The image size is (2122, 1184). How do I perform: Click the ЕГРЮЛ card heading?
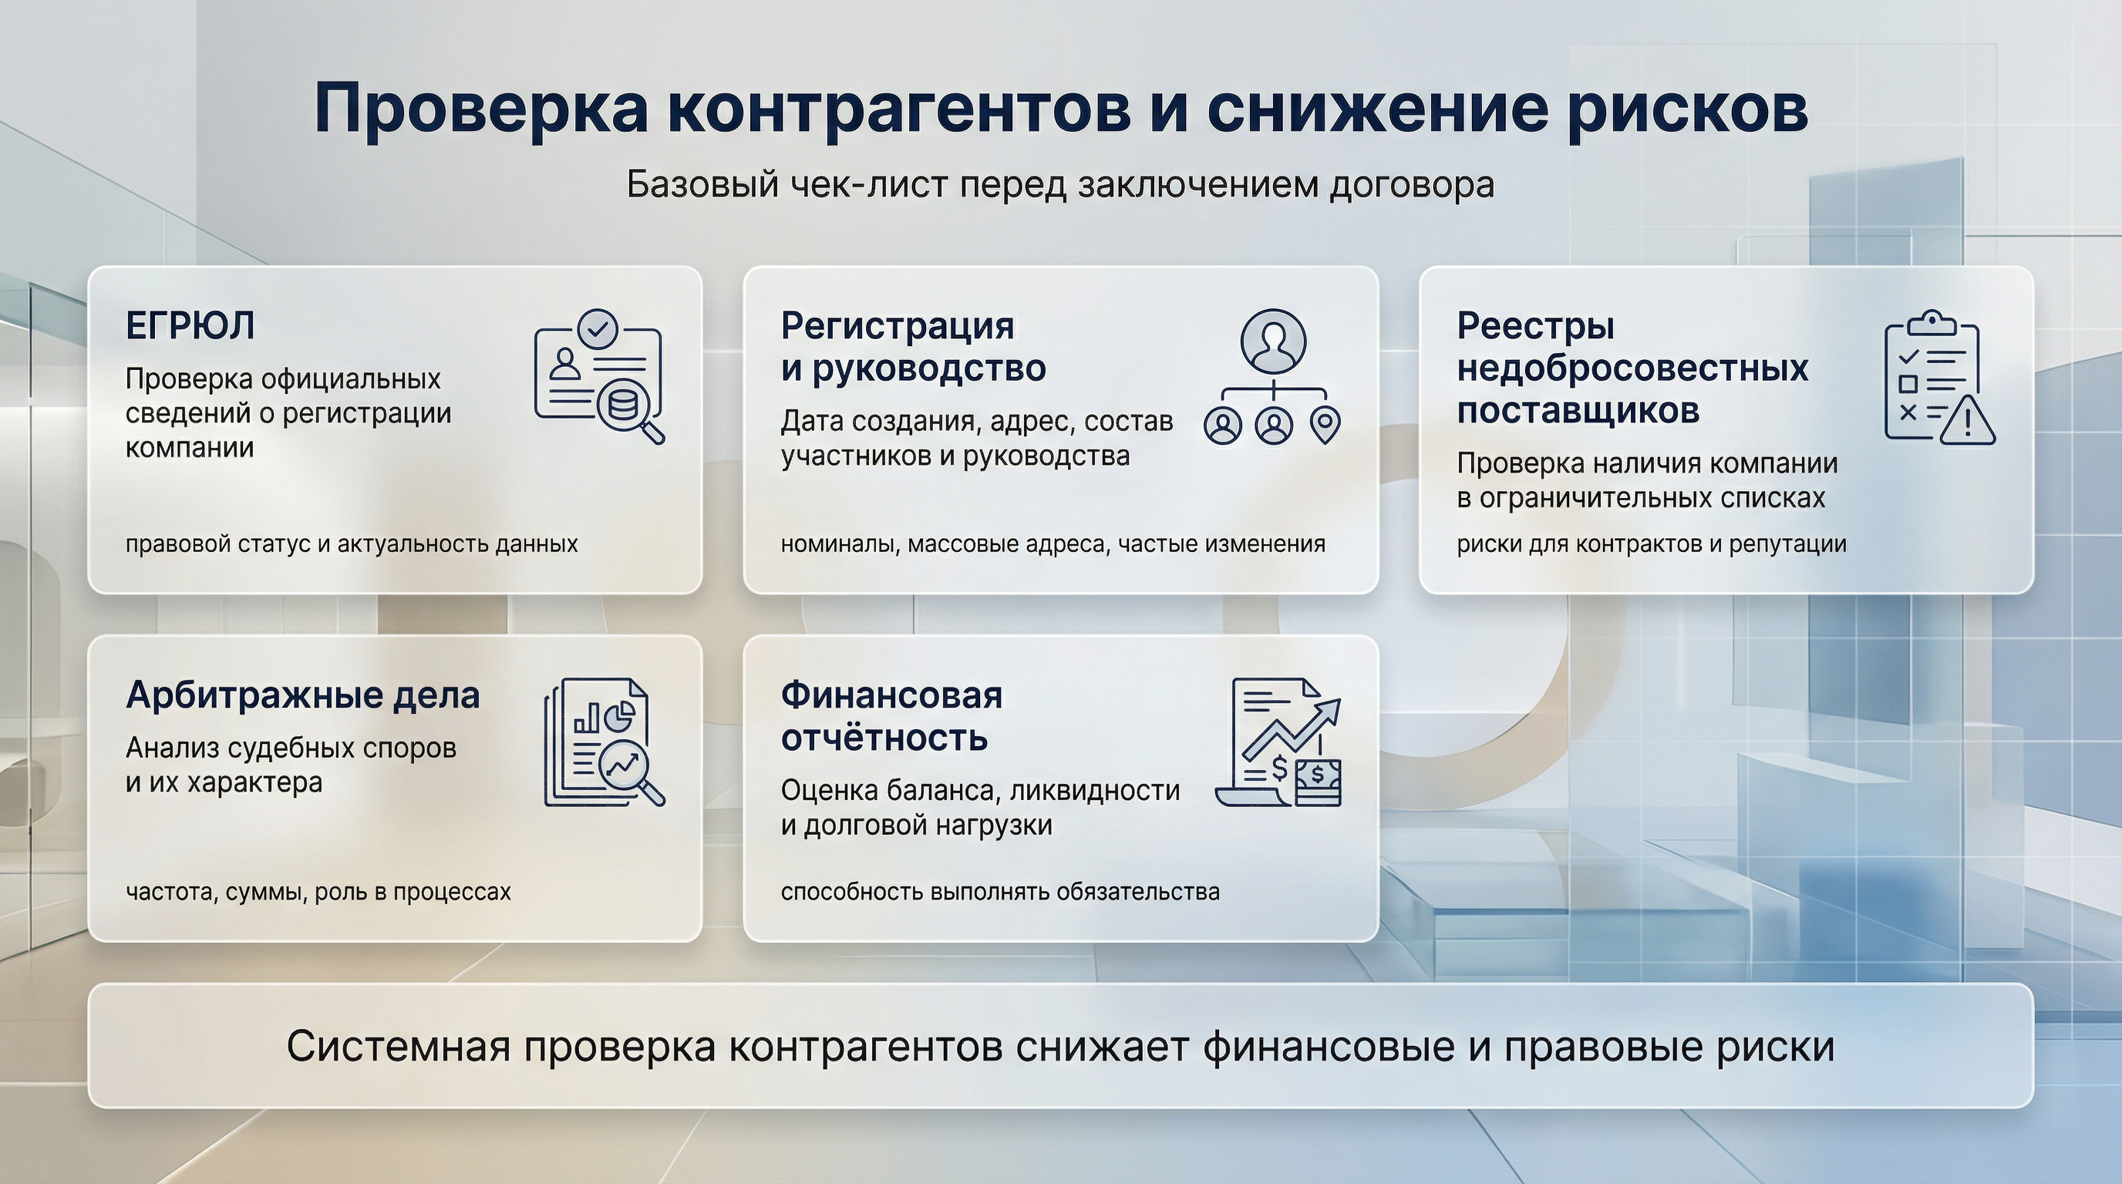[190, 326]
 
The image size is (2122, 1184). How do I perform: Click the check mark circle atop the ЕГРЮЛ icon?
[598, 329]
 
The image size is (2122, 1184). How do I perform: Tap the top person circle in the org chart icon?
[1273, 340]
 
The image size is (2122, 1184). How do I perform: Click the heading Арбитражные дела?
[302, 696]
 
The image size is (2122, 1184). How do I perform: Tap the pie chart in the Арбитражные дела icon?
[619, 715]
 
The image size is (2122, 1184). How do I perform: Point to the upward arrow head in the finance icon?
[1328, 710]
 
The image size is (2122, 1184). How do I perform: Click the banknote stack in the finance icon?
[1317, 783]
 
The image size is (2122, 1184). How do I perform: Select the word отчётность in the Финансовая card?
[884, 738]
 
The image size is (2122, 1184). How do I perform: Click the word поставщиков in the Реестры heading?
[1578, 410]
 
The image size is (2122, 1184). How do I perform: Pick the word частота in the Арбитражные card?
[169, 892]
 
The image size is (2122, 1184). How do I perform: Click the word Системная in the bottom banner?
[398, 1047]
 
